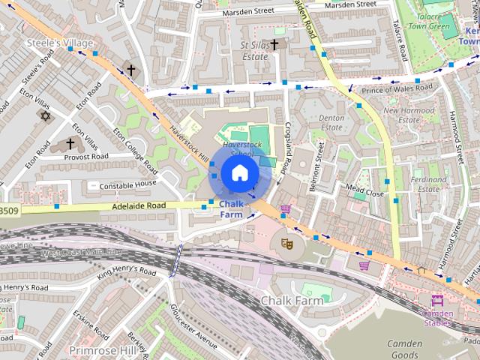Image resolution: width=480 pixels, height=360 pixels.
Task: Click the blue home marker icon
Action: pos(238,172)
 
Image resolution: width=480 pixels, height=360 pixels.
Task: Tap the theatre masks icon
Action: pos(286,242)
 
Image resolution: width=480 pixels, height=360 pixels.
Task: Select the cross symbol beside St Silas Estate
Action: pos(274,46)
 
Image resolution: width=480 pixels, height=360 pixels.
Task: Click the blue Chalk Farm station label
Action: pos(232,208)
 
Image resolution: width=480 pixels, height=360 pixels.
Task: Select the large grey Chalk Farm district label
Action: pos(292,301)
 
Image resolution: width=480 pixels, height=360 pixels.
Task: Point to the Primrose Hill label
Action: pos(101,350)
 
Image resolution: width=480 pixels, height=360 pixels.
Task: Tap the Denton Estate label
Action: pos(331,123)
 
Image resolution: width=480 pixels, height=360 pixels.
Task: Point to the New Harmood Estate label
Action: pos(409,115)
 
